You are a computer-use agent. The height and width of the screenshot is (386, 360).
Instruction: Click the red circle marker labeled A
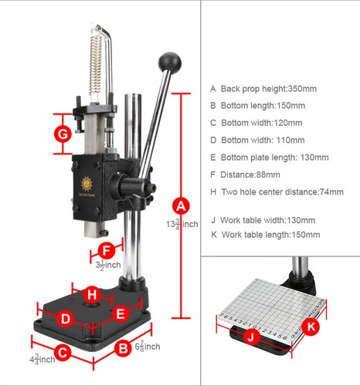pos(180,206)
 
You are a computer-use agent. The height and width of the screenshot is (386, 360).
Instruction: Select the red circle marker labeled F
pos(107,250)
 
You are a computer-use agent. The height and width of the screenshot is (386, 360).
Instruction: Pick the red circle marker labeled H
pos(92,294)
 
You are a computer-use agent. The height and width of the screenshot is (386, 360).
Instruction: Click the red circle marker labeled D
pos(66,318)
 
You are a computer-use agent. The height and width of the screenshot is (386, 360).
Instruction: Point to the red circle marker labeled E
pos(120,313)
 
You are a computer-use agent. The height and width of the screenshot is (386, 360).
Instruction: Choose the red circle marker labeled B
pos(123,348)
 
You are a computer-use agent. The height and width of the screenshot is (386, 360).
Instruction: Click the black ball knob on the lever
pos(169,61)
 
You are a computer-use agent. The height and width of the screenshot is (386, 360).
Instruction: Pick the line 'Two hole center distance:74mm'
pos(277,191)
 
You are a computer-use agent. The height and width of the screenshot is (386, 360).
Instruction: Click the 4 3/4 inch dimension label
pos(42,359)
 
